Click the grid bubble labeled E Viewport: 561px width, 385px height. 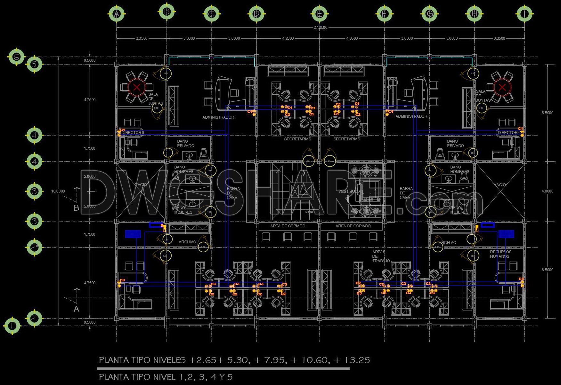pos(319,14)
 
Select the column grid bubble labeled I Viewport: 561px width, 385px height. pos(524,14)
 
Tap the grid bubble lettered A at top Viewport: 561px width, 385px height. pos(117,14)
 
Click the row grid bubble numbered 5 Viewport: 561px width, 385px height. pos(35,64)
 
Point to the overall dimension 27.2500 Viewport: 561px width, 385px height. pos(320,27)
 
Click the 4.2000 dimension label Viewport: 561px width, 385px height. pos(288,38)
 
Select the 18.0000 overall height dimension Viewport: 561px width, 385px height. pos(58,191)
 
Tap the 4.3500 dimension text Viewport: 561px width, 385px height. pos(352,38)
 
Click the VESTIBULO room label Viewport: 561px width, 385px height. pos(349,191)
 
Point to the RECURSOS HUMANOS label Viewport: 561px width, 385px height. pos(500,254)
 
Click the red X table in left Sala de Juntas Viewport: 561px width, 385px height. pos(137,87)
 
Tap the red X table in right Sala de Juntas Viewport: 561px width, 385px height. pos(502,87)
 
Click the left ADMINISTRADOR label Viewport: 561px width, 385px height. pos(218,117)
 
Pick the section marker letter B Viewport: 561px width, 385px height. pos(76,208)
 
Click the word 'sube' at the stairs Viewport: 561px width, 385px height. pos(309,212)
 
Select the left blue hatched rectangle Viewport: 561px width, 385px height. pos(133,234)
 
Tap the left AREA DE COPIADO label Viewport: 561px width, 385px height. pos(288,226)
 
